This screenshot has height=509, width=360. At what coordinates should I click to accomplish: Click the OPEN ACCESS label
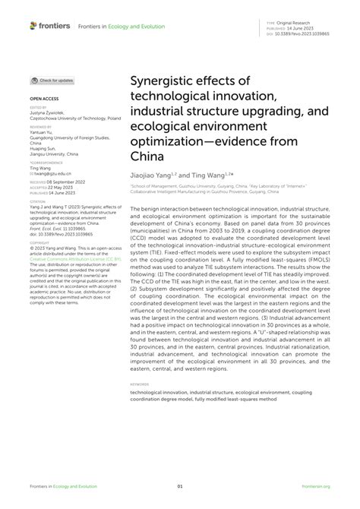click(44, 99)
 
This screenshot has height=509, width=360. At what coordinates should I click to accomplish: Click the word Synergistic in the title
click(165, 79)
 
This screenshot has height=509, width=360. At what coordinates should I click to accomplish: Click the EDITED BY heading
click(38, 109)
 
